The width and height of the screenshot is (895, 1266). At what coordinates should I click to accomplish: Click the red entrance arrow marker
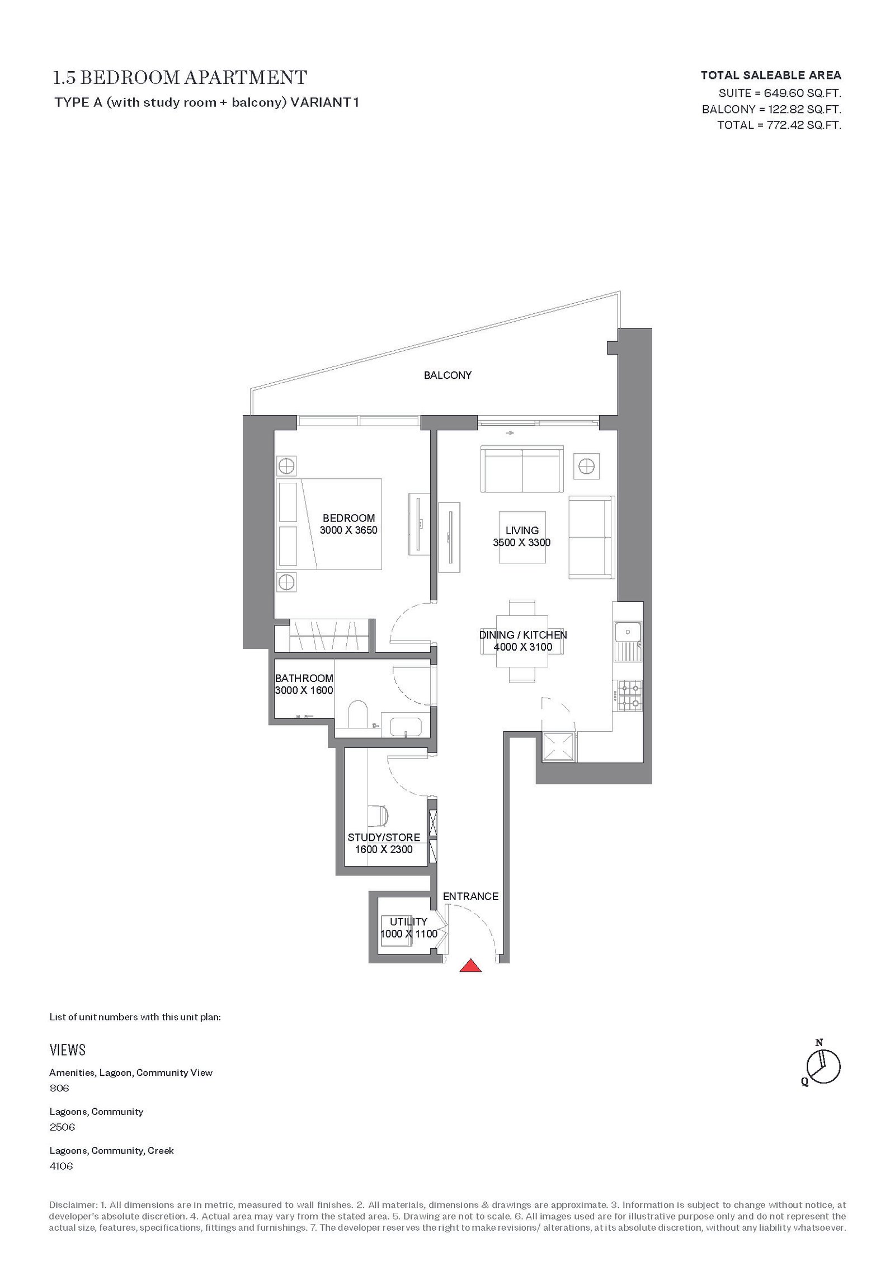[470, 965]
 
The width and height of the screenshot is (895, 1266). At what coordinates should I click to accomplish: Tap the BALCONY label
[447, 375]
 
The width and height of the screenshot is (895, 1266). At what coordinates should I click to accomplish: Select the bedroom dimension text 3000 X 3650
[348, 530]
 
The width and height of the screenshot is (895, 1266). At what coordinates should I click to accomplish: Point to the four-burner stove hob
[628, 695]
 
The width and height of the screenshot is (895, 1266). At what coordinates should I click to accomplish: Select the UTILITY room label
[409, 921]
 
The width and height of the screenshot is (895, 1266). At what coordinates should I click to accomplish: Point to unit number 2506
[62, 1127]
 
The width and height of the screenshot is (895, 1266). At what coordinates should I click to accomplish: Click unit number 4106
[61, 1166]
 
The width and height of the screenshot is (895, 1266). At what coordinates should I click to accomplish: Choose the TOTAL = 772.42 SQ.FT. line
[779, 125]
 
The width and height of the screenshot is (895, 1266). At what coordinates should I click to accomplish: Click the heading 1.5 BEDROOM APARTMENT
[180, 77]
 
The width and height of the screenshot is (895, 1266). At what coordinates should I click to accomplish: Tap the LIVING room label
[522, 530]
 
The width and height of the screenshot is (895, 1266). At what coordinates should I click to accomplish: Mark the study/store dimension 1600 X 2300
[384, 849]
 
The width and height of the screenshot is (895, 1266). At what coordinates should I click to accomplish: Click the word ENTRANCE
[470, 896]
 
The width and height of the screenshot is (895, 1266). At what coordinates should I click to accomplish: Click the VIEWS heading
[68, 1050]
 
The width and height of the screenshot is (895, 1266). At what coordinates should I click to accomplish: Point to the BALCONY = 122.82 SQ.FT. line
[772, 109]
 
